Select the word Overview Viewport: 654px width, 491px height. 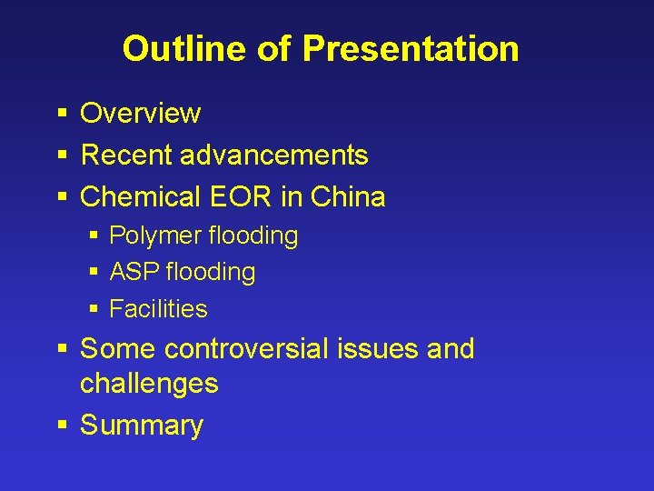coord(140,114)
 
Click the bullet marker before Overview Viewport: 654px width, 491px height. coord(62,114)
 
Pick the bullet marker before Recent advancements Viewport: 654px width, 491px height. coord(62,155)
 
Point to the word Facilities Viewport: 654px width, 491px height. coord(158,309)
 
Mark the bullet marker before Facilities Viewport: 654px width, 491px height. coord(95,309)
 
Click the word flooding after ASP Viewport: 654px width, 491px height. coord(211,272)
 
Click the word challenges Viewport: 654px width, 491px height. coord(149,384)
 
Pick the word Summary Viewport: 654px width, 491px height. coord(142,426)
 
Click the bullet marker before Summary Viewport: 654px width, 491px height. coord(62,426)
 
